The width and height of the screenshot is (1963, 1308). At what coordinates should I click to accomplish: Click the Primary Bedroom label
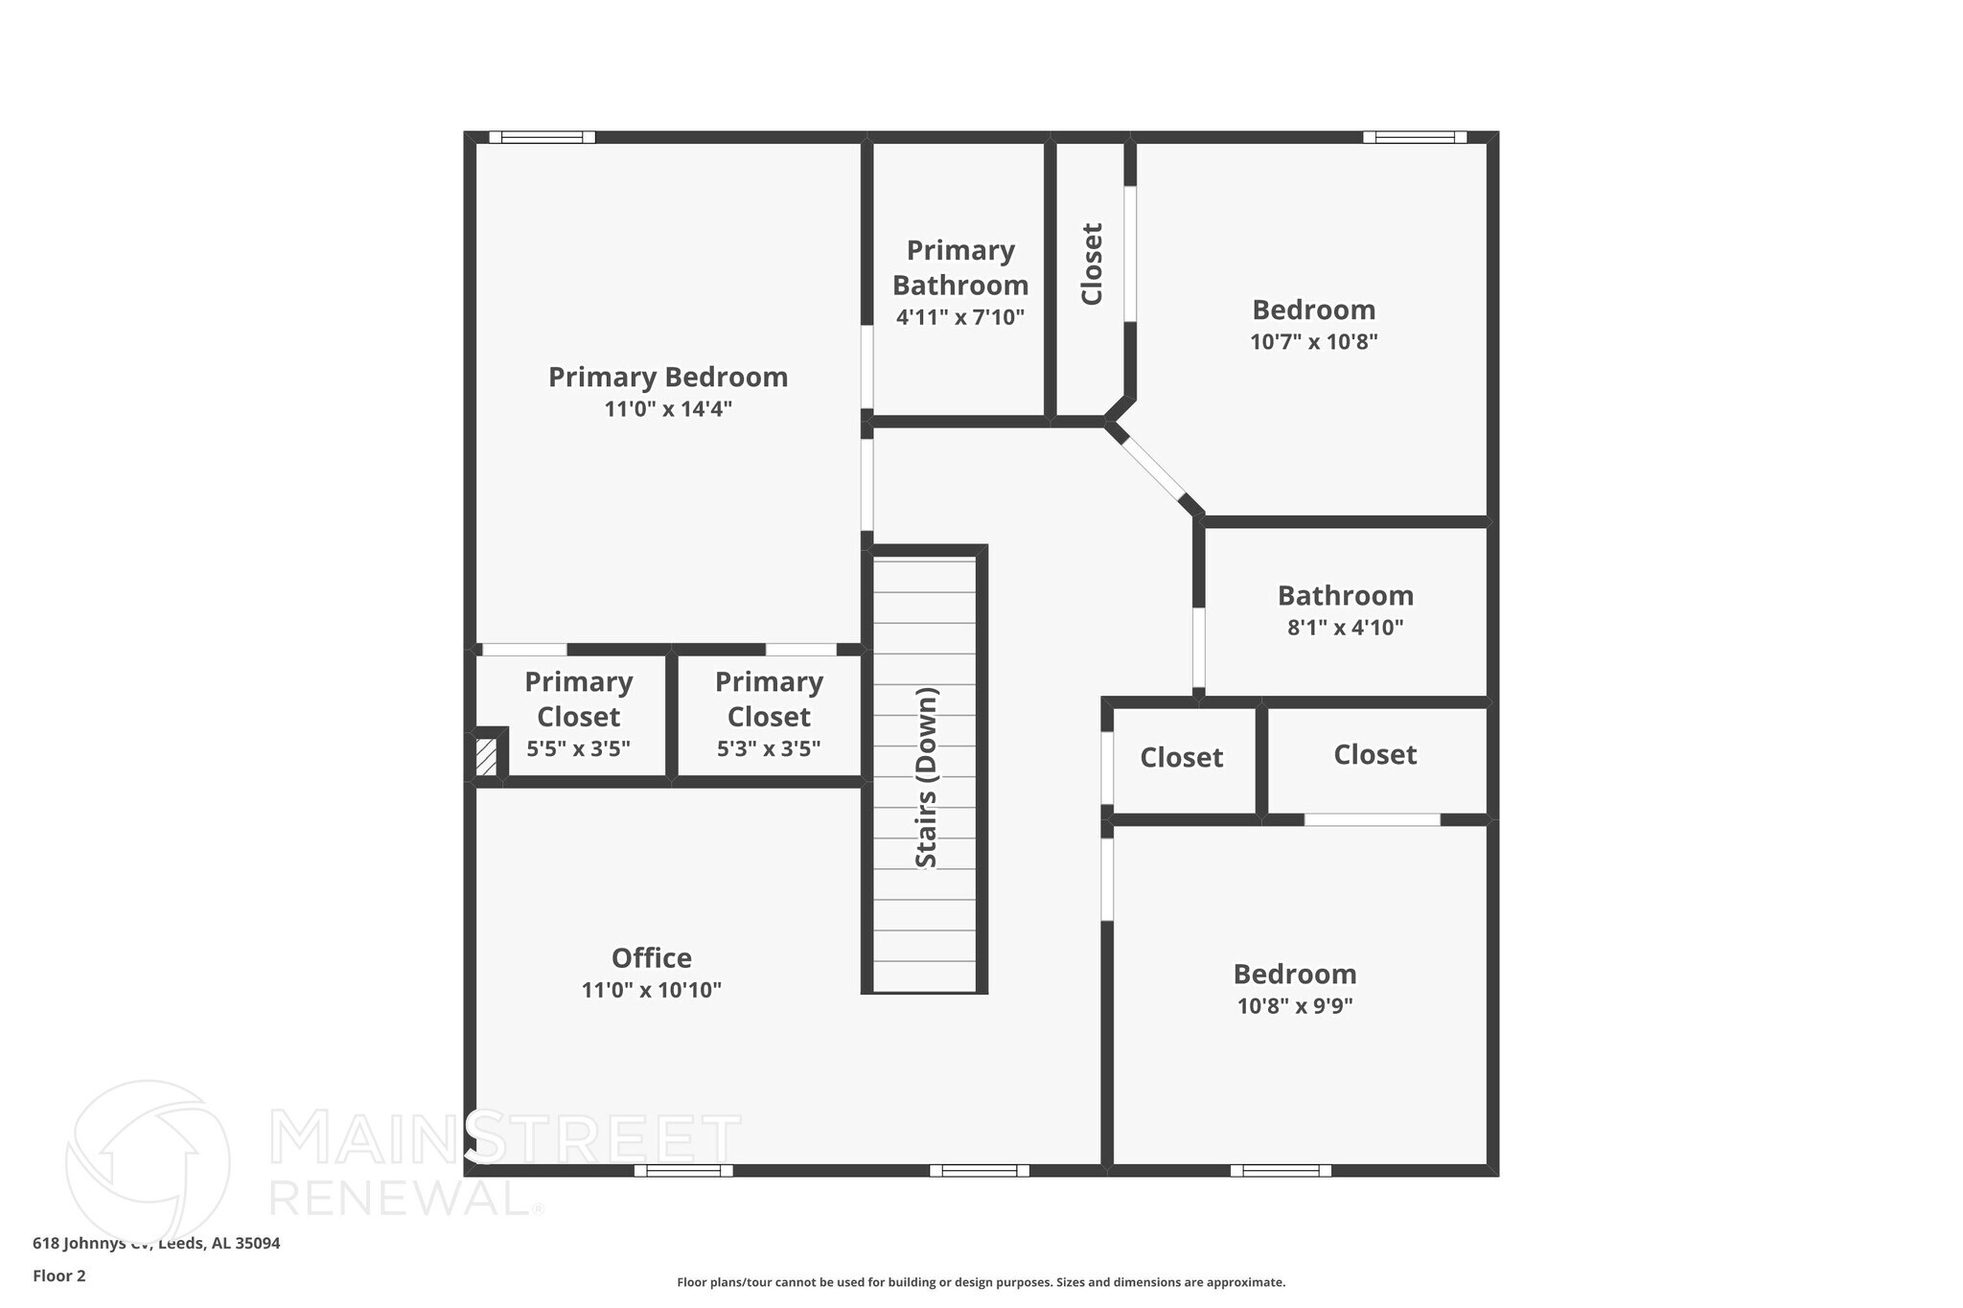click(x=668, y=378)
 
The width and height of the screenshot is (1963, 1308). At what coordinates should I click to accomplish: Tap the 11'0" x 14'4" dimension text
click(x=668, y=409)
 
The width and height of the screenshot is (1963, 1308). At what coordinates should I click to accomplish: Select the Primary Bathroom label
click(x=960, y=267)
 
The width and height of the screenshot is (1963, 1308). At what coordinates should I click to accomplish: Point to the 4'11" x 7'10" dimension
click(x=960, y=317)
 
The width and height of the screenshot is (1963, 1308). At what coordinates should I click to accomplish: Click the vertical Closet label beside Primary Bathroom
click(x=1092, y=264)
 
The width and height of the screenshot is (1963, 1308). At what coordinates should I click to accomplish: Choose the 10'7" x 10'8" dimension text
click(x=1313, y=342)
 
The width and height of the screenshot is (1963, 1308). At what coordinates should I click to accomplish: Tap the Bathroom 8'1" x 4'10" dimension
click(x=1345, y=628)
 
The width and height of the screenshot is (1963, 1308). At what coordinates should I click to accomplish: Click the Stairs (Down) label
click(x=926, y=777)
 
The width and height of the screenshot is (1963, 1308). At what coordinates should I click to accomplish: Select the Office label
click(x=652, y=958)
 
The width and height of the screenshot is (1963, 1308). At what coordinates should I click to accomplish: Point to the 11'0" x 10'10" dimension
click(x=652, y=990)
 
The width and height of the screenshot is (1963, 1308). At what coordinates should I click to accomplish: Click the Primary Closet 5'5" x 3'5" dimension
click(x=578, y=748)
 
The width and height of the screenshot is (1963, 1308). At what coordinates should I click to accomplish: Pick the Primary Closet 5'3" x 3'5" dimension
click(x=769, y=748)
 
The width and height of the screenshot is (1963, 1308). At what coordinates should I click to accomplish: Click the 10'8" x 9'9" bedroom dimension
click(x=1294, y=1006)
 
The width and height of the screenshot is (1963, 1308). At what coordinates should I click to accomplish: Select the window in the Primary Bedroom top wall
click(x=542, y=137)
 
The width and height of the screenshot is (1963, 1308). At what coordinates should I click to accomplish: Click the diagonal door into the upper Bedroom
click(x=1153, y=469)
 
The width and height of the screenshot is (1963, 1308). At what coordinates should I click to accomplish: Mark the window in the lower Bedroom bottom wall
click(x=1281, y=1170)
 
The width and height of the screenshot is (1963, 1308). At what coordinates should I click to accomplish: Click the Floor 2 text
click(x=59, y=1275)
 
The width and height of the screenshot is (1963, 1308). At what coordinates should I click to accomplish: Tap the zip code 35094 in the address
click(x=258, y=1244)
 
